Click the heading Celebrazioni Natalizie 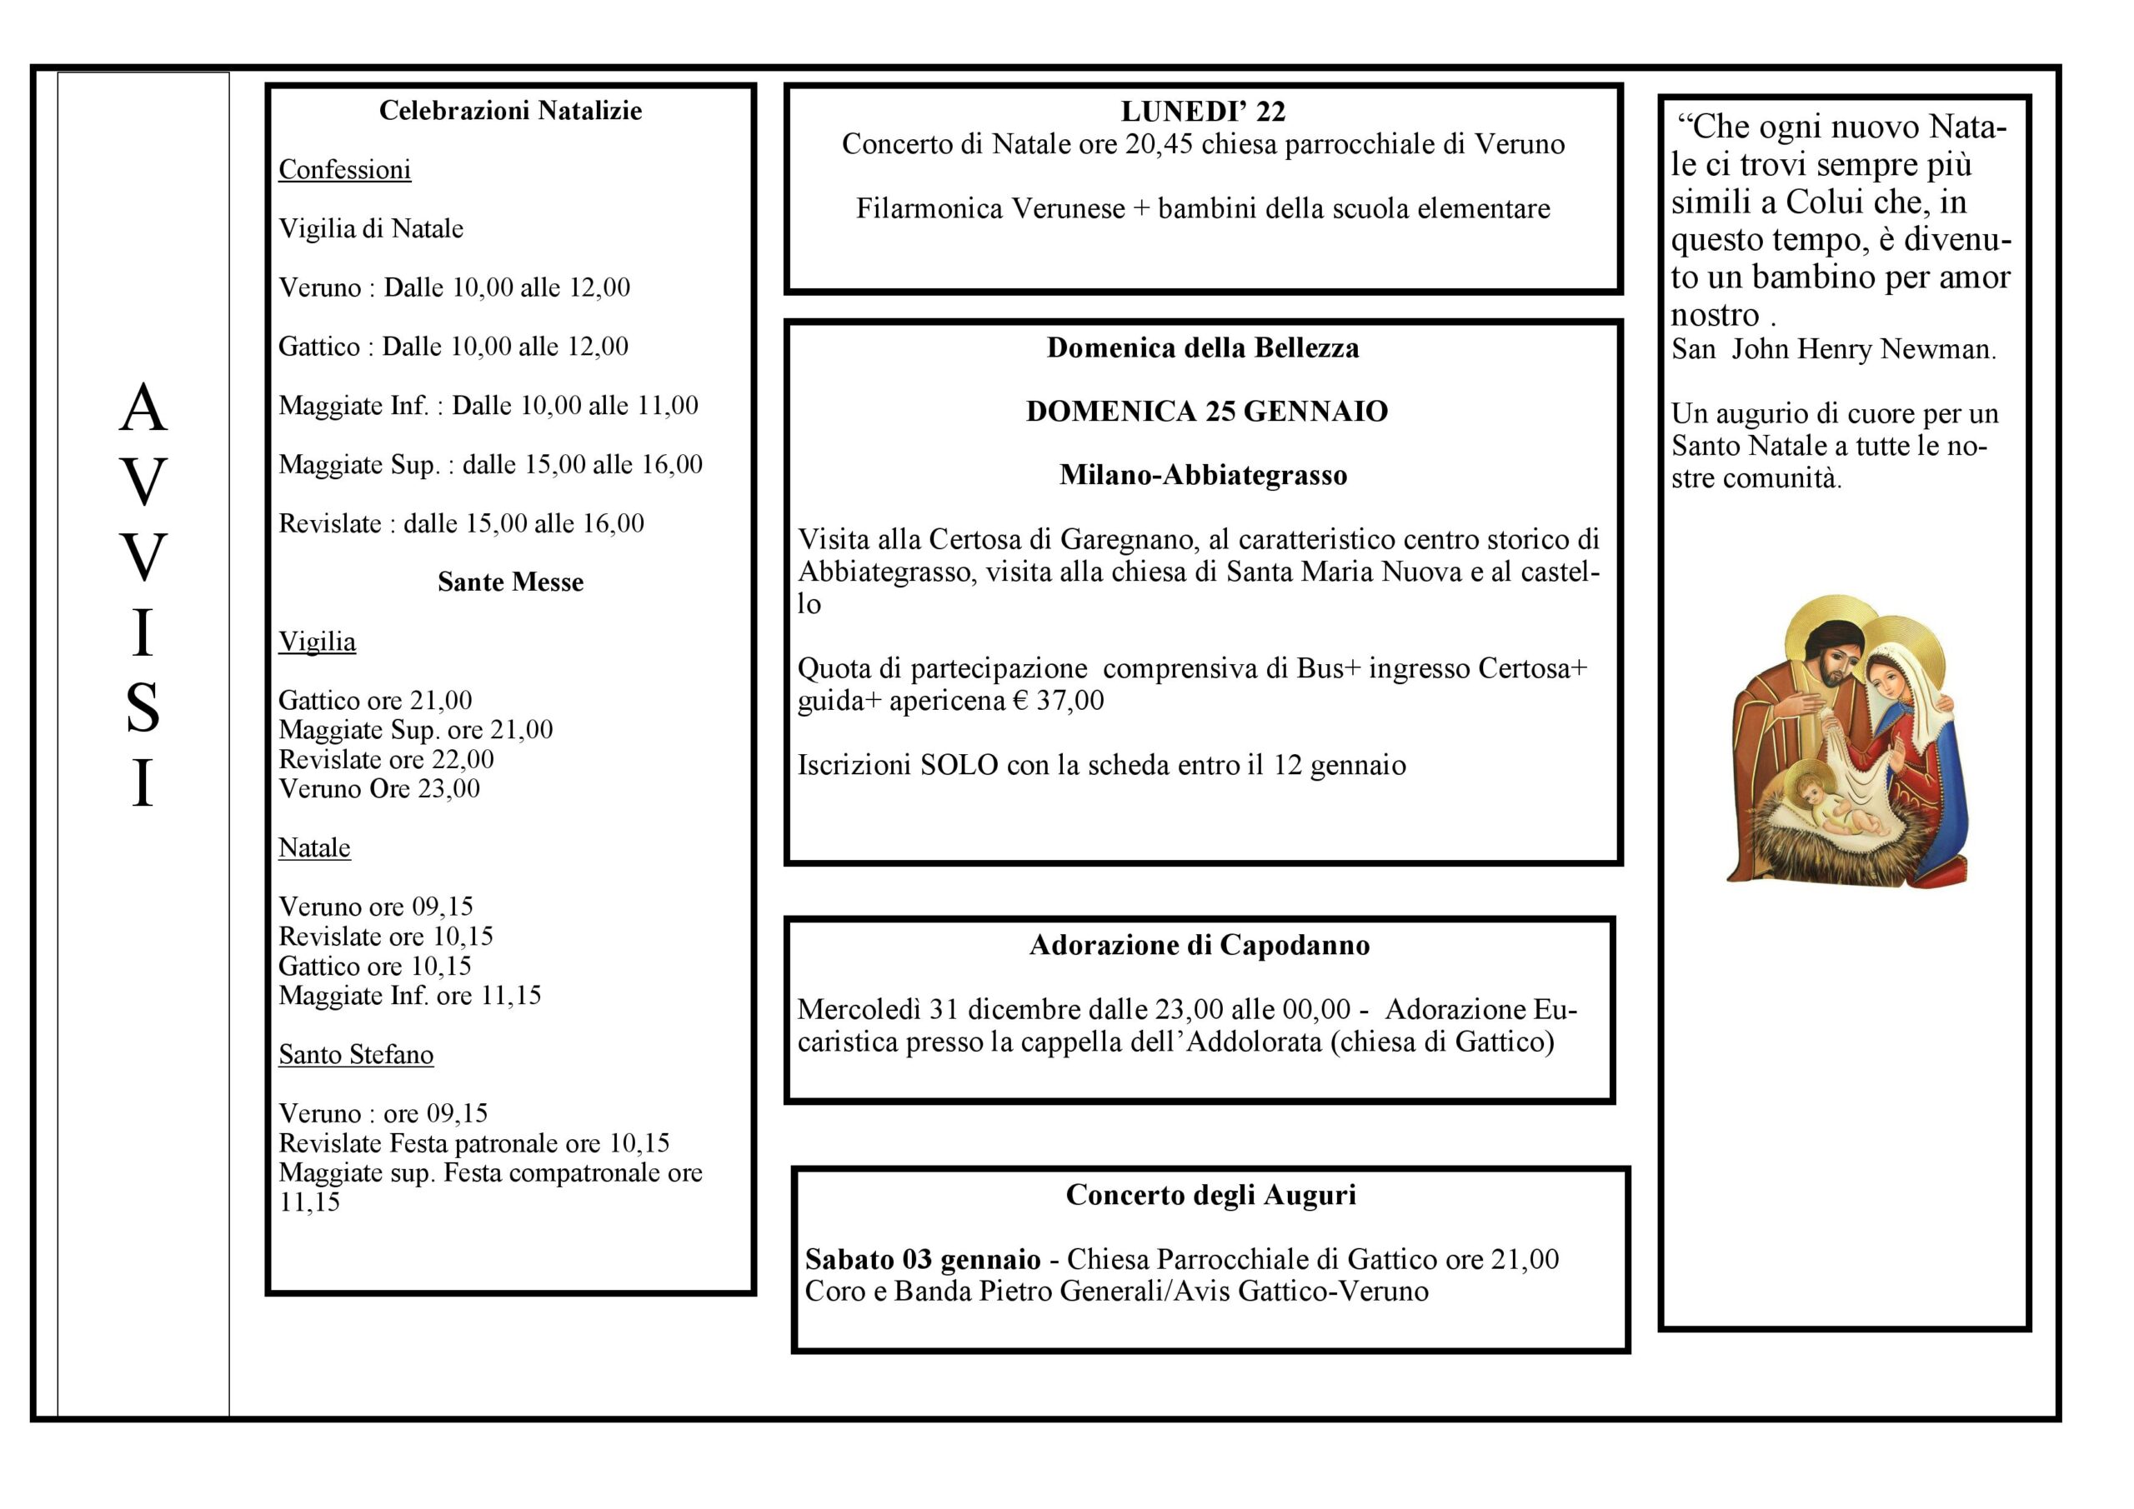[510, 111]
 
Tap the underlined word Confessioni [344, 170]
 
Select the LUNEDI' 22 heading [1203, 112]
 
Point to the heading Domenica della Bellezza [1203, 347]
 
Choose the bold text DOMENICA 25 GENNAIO [1206, 412]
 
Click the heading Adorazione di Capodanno [1199, 945]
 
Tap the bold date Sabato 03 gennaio [922, 1259]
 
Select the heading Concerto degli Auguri [1210, 1195]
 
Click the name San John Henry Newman [1833, 349]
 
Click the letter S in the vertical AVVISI [143, 708]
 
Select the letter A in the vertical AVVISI [143, 408]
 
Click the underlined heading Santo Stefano [356, 1055]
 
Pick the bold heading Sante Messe [510, 582]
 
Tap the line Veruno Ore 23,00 [379, 789]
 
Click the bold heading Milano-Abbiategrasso [1203, 476]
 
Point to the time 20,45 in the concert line [1158, 145]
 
